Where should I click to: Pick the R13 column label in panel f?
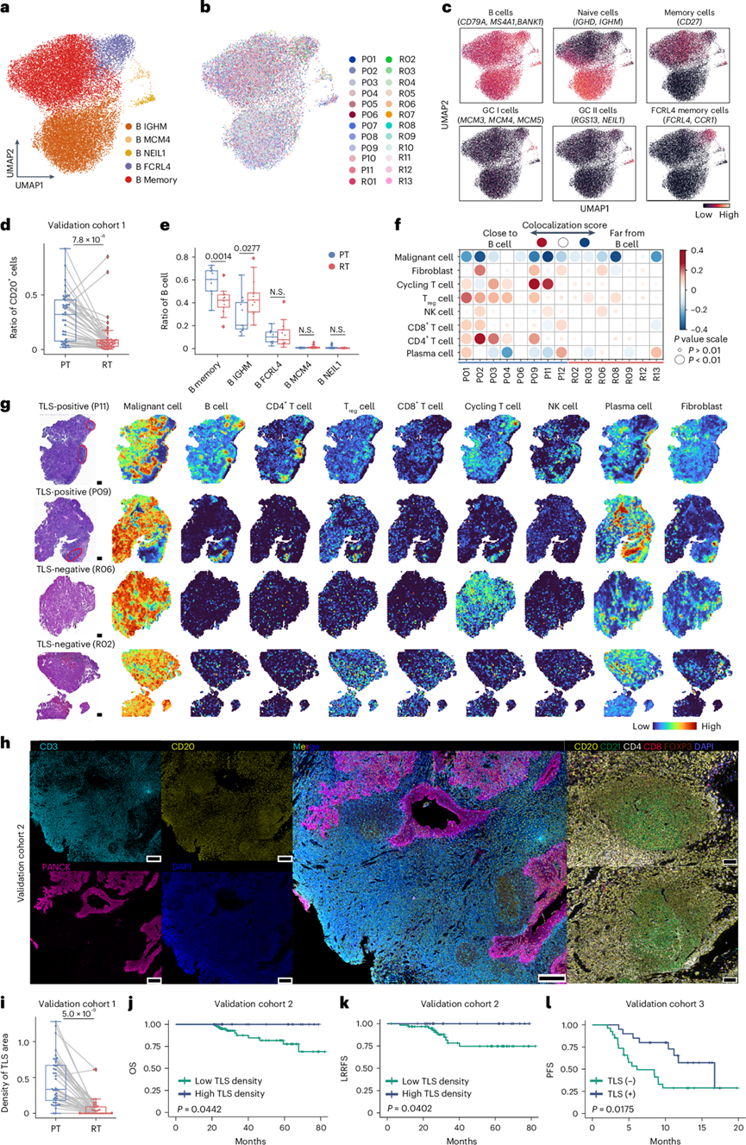pos(658,377)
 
